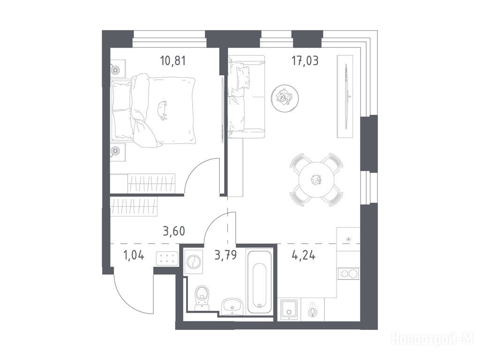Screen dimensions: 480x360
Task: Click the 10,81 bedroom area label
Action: pos(173,60)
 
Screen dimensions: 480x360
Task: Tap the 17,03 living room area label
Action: pos(305,60)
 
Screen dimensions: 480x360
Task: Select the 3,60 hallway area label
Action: pos(174,231)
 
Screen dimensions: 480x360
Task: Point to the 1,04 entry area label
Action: pos(134,255)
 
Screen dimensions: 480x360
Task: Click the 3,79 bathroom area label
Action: pos(225,255)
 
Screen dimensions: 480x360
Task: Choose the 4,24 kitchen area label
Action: pos(304,255)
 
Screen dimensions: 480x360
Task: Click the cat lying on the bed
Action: pos(163,110)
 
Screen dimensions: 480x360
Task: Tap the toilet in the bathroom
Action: pos(202,297)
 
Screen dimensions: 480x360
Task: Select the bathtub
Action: pos(260,282)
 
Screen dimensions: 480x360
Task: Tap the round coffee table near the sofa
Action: pos(285,97)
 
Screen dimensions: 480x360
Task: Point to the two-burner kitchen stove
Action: pos(348,273)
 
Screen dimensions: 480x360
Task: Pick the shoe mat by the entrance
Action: pos(167,258)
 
